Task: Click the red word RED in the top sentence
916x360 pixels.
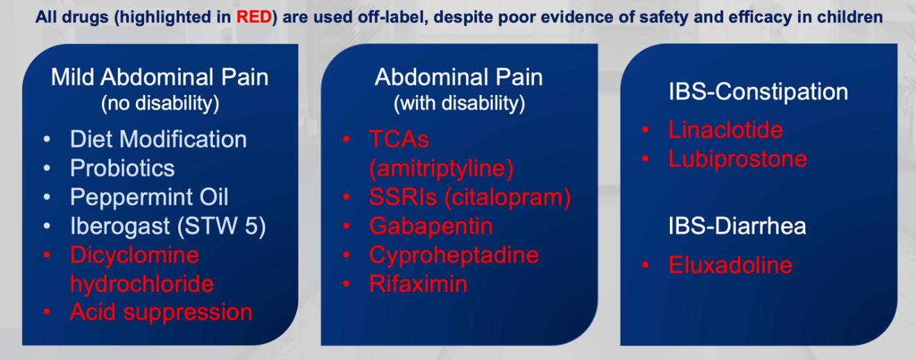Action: click(x=254, y=17)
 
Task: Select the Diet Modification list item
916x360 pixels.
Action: click(x=158, y=139)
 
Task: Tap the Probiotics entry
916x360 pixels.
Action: click(x=122, y=168)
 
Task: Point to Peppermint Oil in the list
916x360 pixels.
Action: click(x=149, y=197)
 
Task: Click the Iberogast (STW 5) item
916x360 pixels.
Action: click(x=168, y=226)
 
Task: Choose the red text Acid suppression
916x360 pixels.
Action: click(x=161, y=313)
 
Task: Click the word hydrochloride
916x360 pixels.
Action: click(x=142, y=284)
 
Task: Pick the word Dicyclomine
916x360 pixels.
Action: click(x=135, y=255)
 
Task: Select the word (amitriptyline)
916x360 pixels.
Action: click(x=441, y=169)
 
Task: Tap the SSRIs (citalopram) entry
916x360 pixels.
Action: click(x=470, y=197)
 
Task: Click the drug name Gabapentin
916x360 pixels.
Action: click(x=431, y=226)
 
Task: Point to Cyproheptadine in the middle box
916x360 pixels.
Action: click(x=454, y=255)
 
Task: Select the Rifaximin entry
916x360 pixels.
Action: click(x=418, y=284)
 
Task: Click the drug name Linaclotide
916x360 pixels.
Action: click(x=726, y=130)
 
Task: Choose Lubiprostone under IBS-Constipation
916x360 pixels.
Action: click(x=738, y=159)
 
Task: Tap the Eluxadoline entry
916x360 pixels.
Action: click(x=730, y=265)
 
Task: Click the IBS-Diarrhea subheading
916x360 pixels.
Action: click(x=737, y=226)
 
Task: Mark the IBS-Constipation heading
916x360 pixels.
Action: click(x=758, y=92)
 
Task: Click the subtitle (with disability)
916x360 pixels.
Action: click(x=459, y=103)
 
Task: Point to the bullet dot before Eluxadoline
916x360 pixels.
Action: click(x=646, y=265)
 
